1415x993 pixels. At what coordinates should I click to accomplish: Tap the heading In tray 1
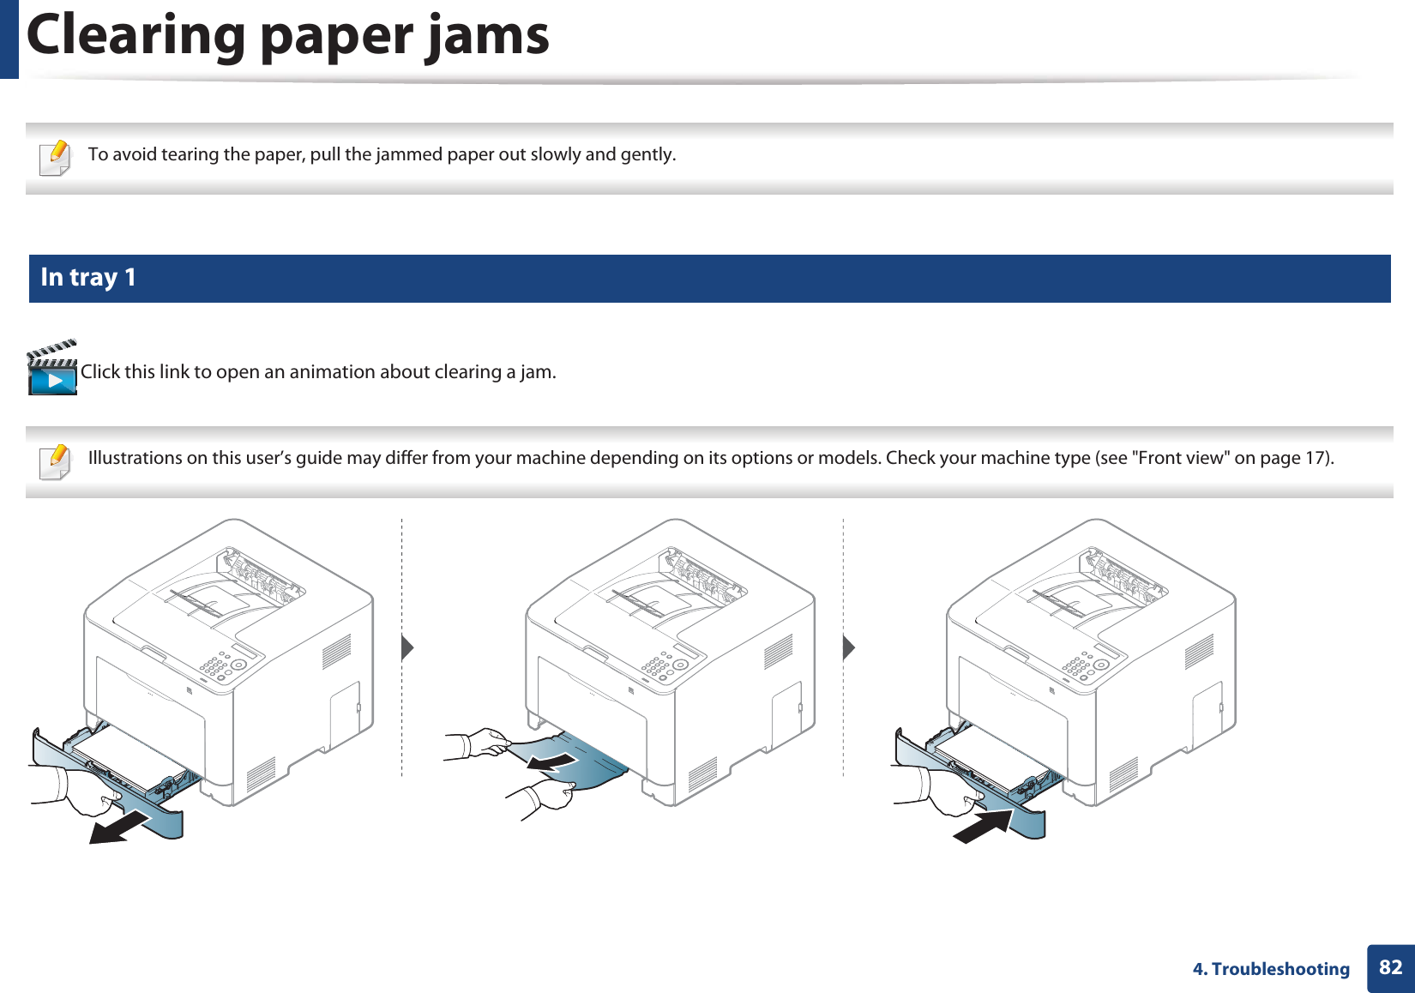click(x=88, y=278)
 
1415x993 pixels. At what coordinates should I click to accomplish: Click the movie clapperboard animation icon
click(x=52, y=369)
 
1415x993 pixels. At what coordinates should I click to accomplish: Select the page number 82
click(x=1390, y=968)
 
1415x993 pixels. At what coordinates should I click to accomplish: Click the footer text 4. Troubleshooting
click(x=1271, y=969)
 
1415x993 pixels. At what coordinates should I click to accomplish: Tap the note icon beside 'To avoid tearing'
click(x=56, y=158)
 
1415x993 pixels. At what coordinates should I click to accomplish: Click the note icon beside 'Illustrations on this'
click(x=56, y=461)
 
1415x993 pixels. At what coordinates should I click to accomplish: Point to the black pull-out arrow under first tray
click(x=119, y=827)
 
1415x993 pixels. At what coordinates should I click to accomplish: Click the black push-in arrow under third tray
click(x=984, y=827)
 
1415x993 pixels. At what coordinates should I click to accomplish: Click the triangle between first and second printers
click(x=407, y=647)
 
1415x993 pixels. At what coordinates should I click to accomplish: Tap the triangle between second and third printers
click(x=849, y=647)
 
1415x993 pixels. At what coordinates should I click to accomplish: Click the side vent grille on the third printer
click(x=1199, y=652)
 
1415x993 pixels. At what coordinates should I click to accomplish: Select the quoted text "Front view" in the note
click(x=1181, y=458)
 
